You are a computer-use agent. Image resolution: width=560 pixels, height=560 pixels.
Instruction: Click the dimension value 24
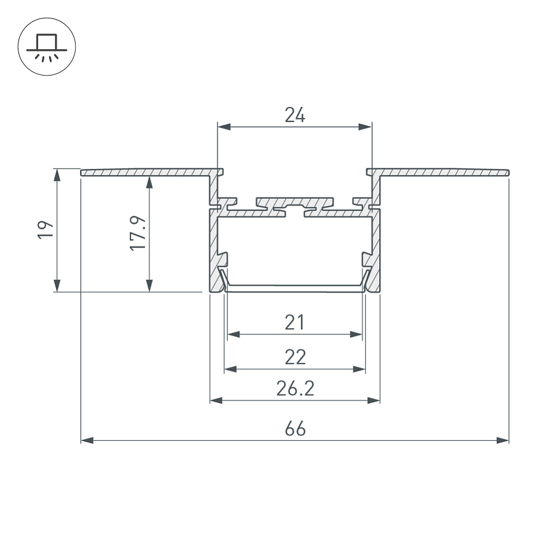pos(295,115)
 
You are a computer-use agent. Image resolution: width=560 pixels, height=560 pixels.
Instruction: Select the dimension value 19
pos(46,230)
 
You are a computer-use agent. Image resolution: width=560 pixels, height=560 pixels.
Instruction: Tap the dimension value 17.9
pos(138,233)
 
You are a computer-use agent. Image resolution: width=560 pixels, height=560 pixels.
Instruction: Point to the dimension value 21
pos(295,322)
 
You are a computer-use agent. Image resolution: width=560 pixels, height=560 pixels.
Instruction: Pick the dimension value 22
pos(295,357)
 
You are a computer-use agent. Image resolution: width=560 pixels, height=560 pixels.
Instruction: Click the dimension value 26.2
pos(295,388)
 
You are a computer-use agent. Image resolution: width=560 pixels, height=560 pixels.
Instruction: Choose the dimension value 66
pos(295,428)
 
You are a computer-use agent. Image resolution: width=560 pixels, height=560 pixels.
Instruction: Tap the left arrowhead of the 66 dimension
pos(87,440)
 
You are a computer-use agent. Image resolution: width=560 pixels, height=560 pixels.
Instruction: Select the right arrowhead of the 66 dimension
pos(502,440)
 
